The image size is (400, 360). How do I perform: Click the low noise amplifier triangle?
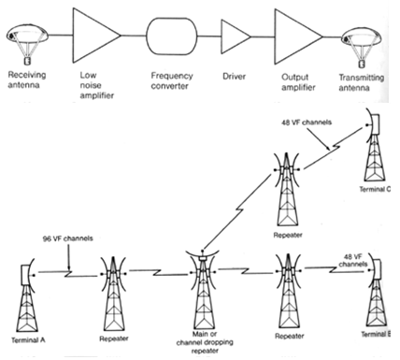[x=93, y=36]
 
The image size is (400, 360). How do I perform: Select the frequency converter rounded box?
[x=172, y=36]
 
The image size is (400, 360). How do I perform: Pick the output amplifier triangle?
[x=296, y=36]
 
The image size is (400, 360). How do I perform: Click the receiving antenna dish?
[x=27, y=44]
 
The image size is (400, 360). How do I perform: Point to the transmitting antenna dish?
[x=362, y=47]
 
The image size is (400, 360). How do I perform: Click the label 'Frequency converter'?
[x=172, y=80]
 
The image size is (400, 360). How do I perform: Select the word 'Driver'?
[x=234, y=77]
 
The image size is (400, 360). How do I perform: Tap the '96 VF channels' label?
[x=68, y=238]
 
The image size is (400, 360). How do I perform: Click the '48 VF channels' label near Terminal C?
[x=307, y=122]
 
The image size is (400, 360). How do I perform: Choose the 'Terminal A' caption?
[x=28, y=339]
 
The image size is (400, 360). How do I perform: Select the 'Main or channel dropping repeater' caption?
[x=205, y=342]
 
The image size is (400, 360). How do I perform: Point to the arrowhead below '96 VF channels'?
[x=69, y=268]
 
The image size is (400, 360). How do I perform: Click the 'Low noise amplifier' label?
[x=96, y=85]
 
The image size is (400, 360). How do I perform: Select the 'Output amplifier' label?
[x=298, y=82]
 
